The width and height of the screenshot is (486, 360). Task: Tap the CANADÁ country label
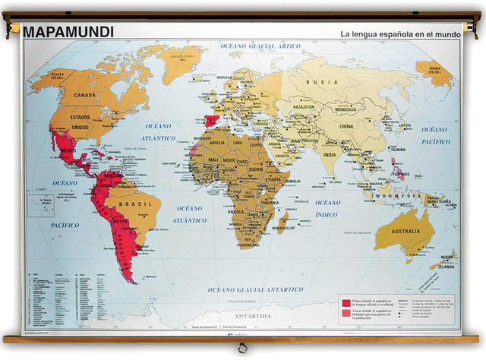click(x=84, y=94)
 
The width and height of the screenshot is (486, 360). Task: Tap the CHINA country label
click(x=346, y=126)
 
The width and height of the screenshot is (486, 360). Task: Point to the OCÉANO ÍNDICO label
click(x=328, y=208)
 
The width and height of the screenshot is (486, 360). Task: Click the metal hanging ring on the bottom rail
click(x=241, y=349)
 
